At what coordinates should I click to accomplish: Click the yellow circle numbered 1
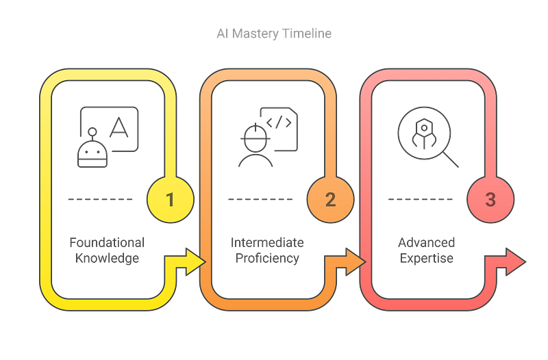click(x=170, y=200)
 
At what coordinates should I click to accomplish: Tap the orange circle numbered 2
click(x=330, y=200)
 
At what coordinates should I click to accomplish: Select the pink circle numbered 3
click(x=490, y=200)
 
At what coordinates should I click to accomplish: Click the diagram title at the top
click(x=274, y=34)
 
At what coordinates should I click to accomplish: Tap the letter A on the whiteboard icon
click(x=120, y=127)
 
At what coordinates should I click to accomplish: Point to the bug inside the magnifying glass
click(x=423, y=133)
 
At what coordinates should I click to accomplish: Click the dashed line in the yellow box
click(x=100, y=200)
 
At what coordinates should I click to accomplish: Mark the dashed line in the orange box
click(x=260, y=200)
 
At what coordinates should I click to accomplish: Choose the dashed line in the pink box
click(x=420, y=200)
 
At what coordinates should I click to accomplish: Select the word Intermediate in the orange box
click(x=267, y=243)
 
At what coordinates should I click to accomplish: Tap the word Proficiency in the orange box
click(x=267, y=259)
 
